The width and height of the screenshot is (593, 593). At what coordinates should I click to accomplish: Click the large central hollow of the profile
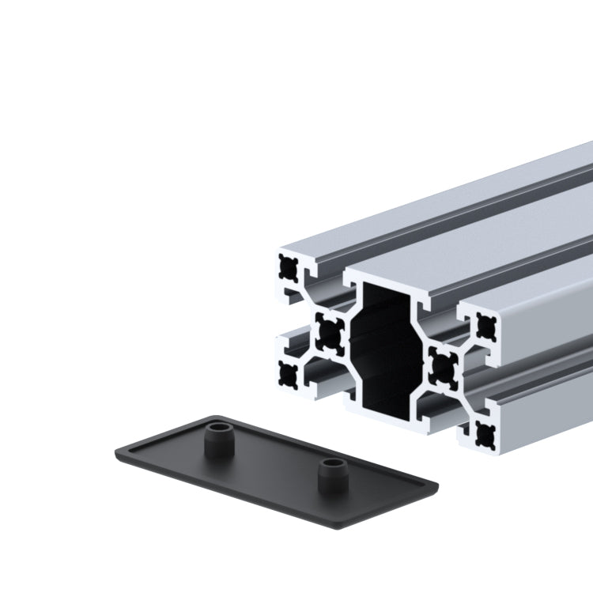click(387, 348)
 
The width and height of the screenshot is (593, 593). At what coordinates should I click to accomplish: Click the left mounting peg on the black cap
click(216, 440)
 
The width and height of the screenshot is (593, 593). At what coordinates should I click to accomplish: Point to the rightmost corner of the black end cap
click(437, 482)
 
